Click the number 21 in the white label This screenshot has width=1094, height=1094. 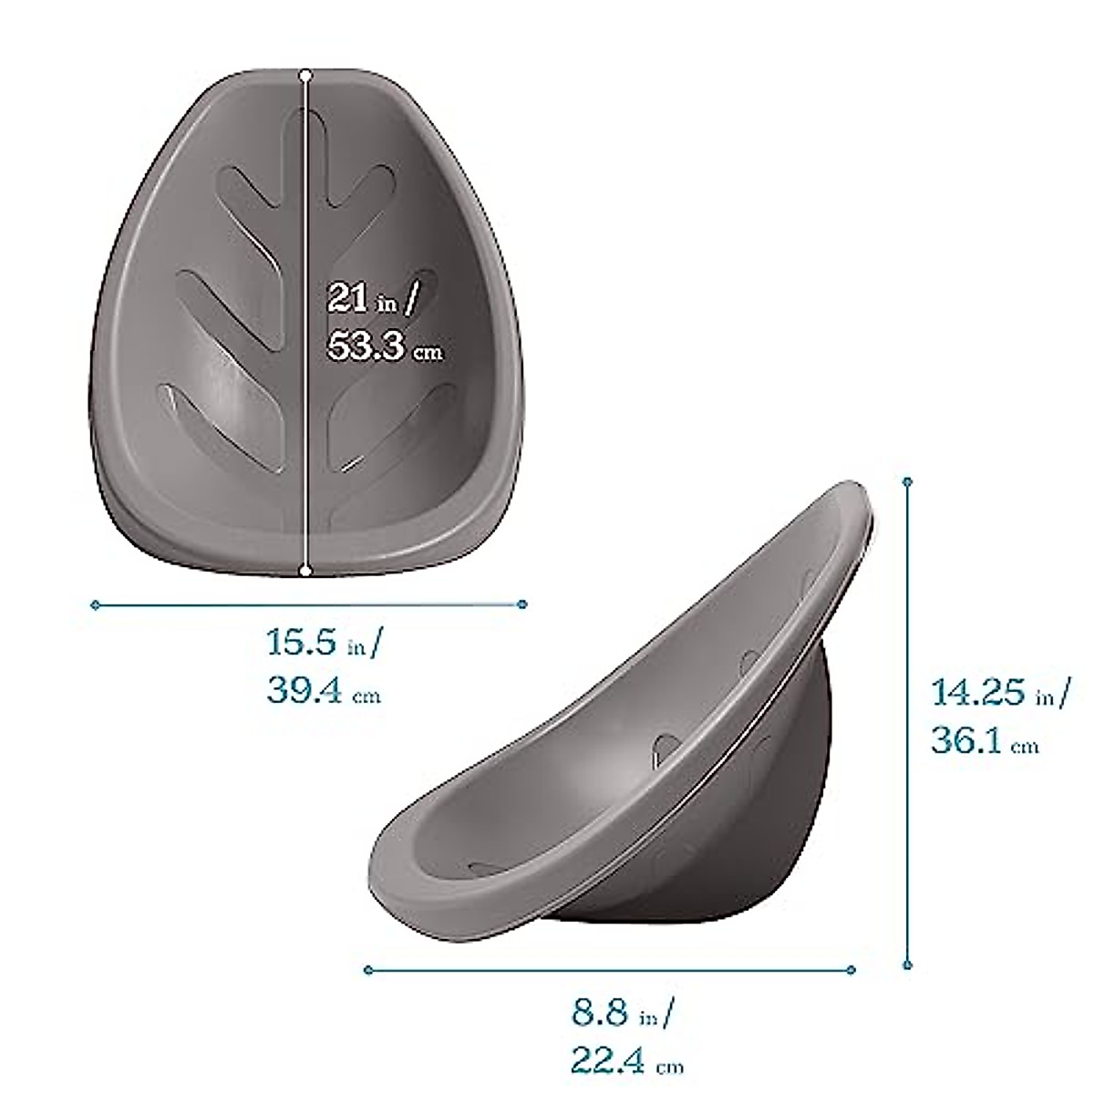[x=348, y=298]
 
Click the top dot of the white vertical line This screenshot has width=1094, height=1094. [x=305, y=75]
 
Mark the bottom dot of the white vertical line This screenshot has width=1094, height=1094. [x=305, y=571]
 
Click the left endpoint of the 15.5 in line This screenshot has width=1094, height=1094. [x=95, y=604]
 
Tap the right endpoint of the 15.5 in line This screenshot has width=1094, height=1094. [x=522, y=604]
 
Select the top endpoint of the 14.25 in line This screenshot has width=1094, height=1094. [x=907, y=480]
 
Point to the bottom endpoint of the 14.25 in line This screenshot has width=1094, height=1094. [x=907, y=964]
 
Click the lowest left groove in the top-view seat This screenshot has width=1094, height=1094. [x=219, y=428]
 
